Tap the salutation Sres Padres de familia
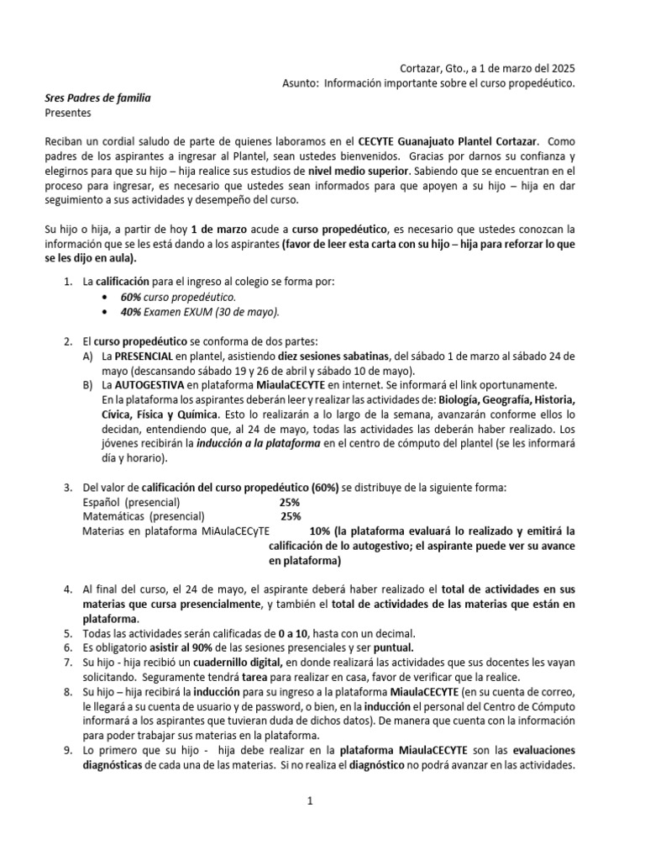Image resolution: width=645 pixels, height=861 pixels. click(97, 98)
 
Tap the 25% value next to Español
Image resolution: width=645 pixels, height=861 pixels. click(290, 502)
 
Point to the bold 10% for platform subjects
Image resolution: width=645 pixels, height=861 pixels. click(320, 531)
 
